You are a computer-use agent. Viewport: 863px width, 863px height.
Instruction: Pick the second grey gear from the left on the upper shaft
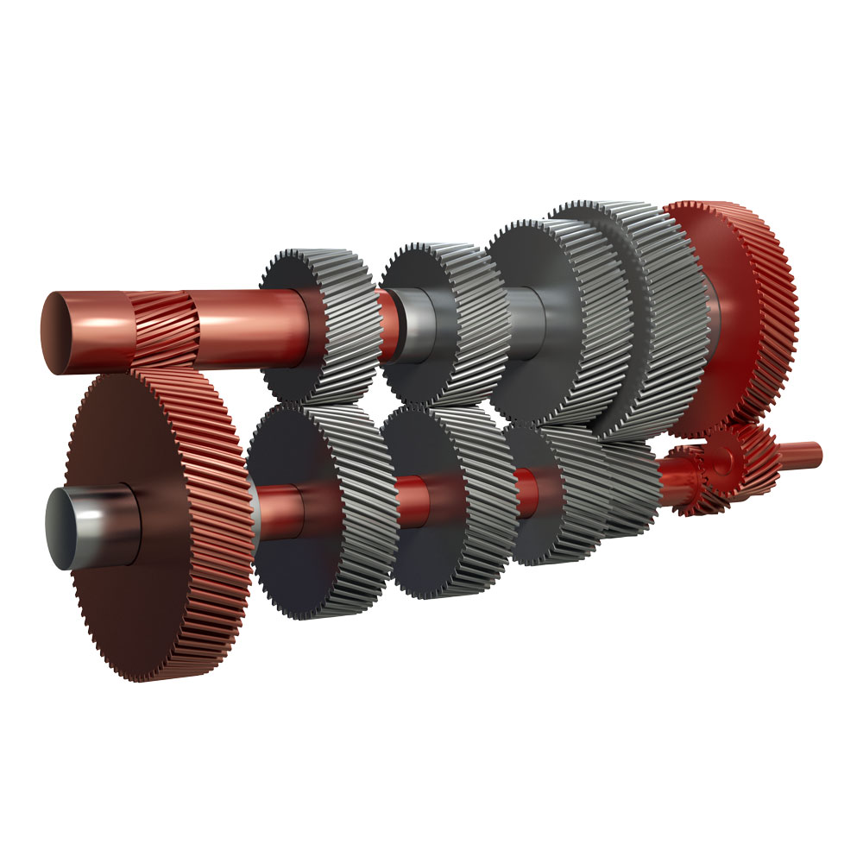[444, 319]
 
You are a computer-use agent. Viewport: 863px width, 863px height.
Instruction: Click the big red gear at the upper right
[742, 311]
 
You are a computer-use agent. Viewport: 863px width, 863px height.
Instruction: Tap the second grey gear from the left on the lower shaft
[449, 501]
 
